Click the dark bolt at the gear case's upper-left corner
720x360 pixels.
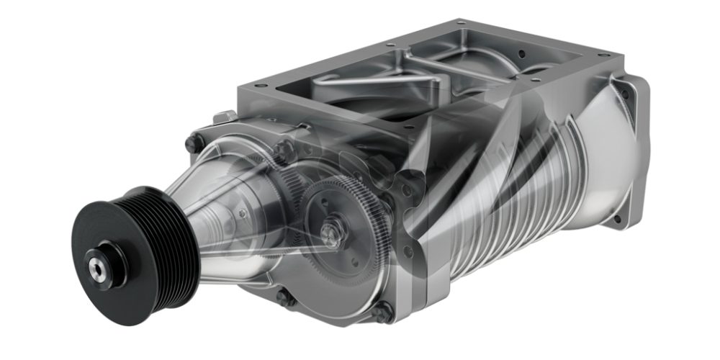click(x=192, y=143)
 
